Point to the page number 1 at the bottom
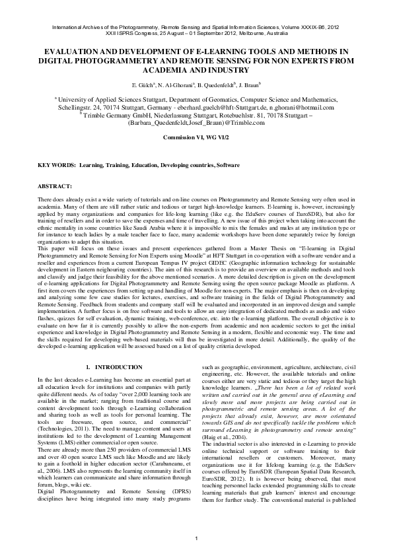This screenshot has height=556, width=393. (x=196, y=540)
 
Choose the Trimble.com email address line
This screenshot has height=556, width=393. (x=197, y=123)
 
